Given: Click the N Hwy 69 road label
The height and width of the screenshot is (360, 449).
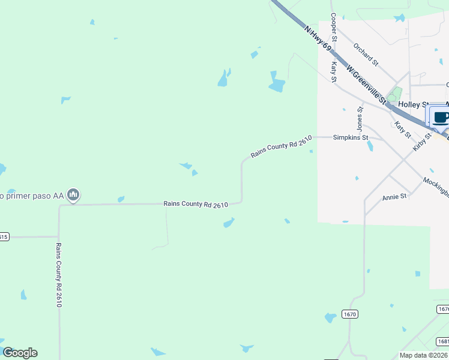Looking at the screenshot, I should point(318,37).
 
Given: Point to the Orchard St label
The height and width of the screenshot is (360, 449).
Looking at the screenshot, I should point(366,54).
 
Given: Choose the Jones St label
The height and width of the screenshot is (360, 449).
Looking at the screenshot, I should point(360,119).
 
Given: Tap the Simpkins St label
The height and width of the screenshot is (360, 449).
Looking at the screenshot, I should point(351,137).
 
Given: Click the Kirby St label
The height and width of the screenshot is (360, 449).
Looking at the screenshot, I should point(423,142).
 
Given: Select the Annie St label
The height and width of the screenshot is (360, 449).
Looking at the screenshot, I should point(394,197).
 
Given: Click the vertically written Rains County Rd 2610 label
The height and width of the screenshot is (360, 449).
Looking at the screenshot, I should point(59,275).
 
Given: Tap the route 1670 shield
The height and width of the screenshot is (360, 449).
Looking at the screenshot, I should point(351,314).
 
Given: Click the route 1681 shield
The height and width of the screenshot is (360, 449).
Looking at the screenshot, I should point(443,341).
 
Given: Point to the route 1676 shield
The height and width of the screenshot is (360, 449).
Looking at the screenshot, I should point(443,308).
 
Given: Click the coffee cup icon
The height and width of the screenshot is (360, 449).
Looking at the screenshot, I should point(440,116).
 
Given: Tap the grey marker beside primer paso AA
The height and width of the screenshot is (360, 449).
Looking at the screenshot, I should point(74,195).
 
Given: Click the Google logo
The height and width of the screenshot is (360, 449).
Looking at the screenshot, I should point(20,353).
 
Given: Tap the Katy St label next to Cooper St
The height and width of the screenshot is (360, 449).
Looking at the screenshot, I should point(334,71).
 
